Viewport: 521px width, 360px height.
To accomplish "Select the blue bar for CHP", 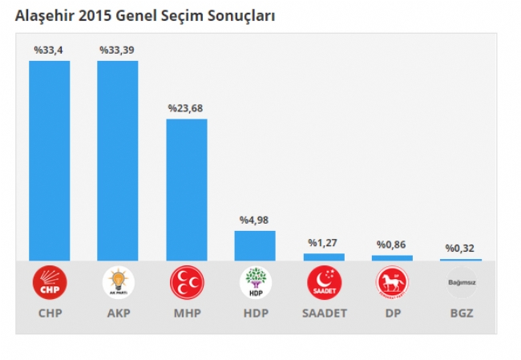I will click(50, 160).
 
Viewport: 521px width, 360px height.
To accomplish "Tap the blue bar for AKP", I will click(118, 160).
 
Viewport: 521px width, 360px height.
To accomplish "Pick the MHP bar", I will click(187, 189).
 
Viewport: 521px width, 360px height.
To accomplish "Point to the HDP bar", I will click(255, 245).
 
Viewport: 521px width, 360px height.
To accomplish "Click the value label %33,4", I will click(49, 50).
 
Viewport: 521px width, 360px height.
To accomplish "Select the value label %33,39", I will click(117, 50).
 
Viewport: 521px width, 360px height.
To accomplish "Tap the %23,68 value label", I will click(186, 107).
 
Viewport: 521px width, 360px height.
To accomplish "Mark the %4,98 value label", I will click(255, 220).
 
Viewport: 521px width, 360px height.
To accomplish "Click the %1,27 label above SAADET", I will click(323, 242).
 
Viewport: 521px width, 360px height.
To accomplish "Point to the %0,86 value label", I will click(392, 245).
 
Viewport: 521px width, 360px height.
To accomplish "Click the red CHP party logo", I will click(50, 282).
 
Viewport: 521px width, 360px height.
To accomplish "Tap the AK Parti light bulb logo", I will click(118, 282).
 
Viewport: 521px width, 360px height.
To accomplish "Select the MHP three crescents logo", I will click(187, 282).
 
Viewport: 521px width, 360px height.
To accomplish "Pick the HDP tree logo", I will click(255, 282).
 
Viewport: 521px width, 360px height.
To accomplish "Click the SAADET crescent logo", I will click(324, 282).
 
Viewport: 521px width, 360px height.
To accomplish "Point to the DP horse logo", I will click(392, 282).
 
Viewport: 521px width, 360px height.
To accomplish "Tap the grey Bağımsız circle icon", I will click(461, 282).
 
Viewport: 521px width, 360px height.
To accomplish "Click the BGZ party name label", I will click(461, 313).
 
